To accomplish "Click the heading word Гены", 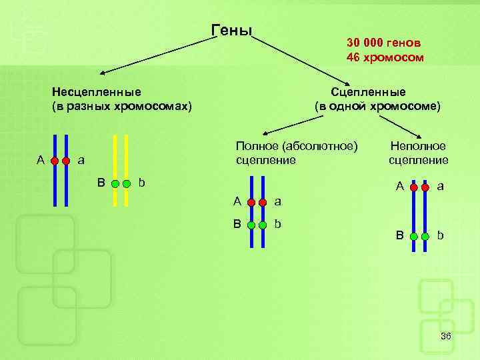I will point(231,31).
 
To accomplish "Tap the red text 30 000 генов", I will point(383,42).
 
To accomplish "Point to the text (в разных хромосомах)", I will point(121,106).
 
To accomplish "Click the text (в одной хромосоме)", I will point(377,106).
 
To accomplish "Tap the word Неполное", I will point(418,146).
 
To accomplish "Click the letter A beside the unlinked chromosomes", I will point(41,160).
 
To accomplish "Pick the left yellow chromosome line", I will point(115,170).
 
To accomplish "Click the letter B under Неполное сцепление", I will point(399,235).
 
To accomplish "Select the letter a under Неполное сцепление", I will point(441,187).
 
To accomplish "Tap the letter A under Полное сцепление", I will point(237,201).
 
